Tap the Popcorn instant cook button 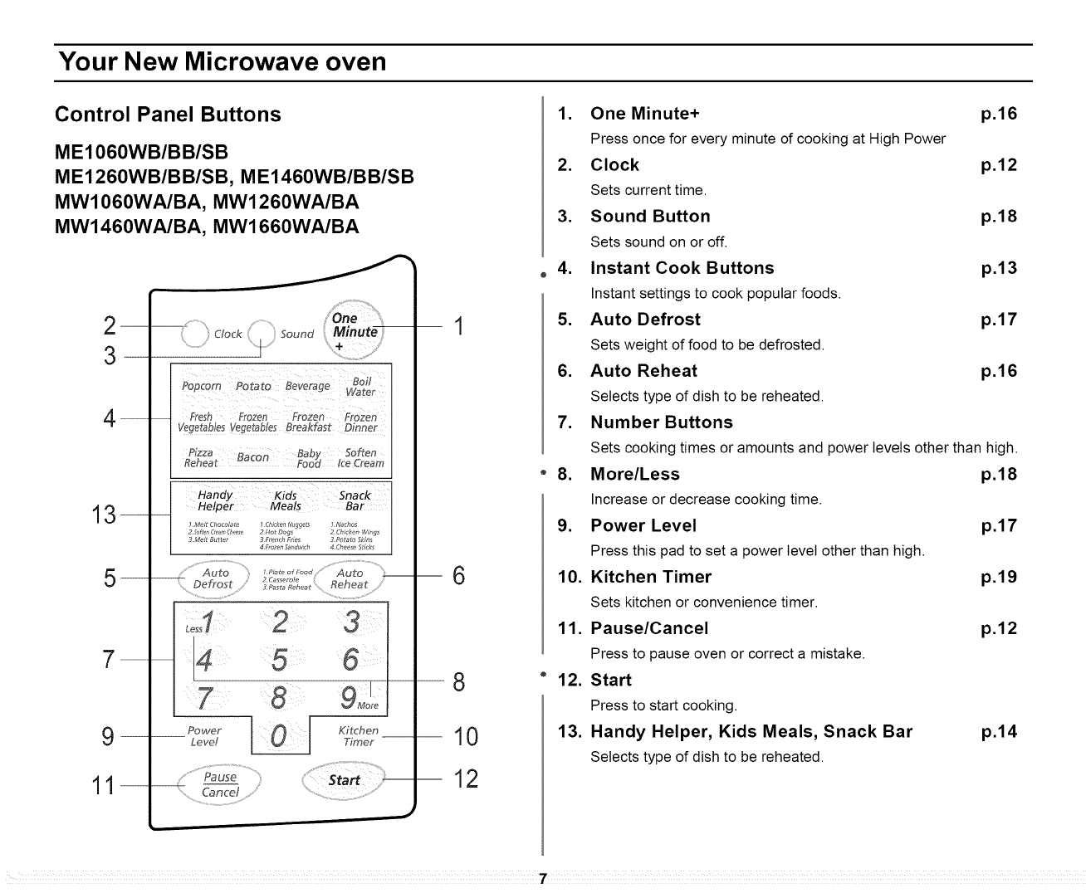tap(202, 387)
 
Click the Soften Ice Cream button tap(360, 458)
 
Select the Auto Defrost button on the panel tap(213, 578)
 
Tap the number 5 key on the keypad tap(279, 660)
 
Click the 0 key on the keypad tap(280, 736)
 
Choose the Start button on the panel tap(344, 780)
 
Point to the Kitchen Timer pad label tap(359, 736)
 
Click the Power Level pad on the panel tap(204, 736)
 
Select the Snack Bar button tap(355, 500)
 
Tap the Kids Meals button tap(285, 500)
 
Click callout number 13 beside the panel tap(105, 515)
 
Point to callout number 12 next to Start tap(467, 779)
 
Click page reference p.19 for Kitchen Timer tap(998, 578)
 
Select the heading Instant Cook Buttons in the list tap(682, 268)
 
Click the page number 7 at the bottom tap(541, 879)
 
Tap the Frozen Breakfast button tap(308, 422)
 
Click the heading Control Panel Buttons tap(168, 115)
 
